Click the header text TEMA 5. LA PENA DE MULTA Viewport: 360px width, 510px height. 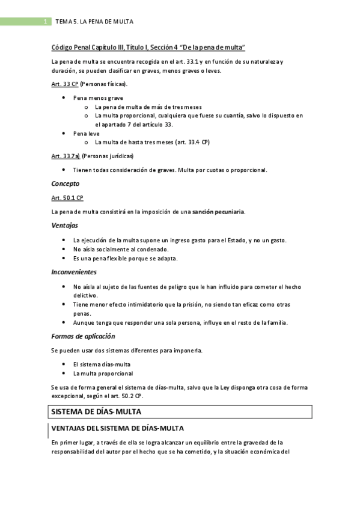coord(94,22)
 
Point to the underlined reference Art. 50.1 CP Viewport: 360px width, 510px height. coord(67,197)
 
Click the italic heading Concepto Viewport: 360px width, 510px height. coord(65,183)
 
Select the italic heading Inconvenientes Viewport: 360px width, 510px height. coord(75,272)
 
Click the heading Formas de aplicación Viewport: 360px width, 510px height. coord(83,336)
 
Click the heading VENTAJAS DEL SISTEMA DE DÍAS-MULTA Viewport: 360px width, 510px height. coord(117,428)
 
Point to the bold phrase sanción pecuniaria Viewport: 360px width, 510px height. coord(218,211)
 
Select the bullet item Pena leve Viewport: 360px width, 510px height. coord(86,133)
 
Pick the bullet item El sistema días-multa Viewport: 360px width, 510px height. coord(102,364)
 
